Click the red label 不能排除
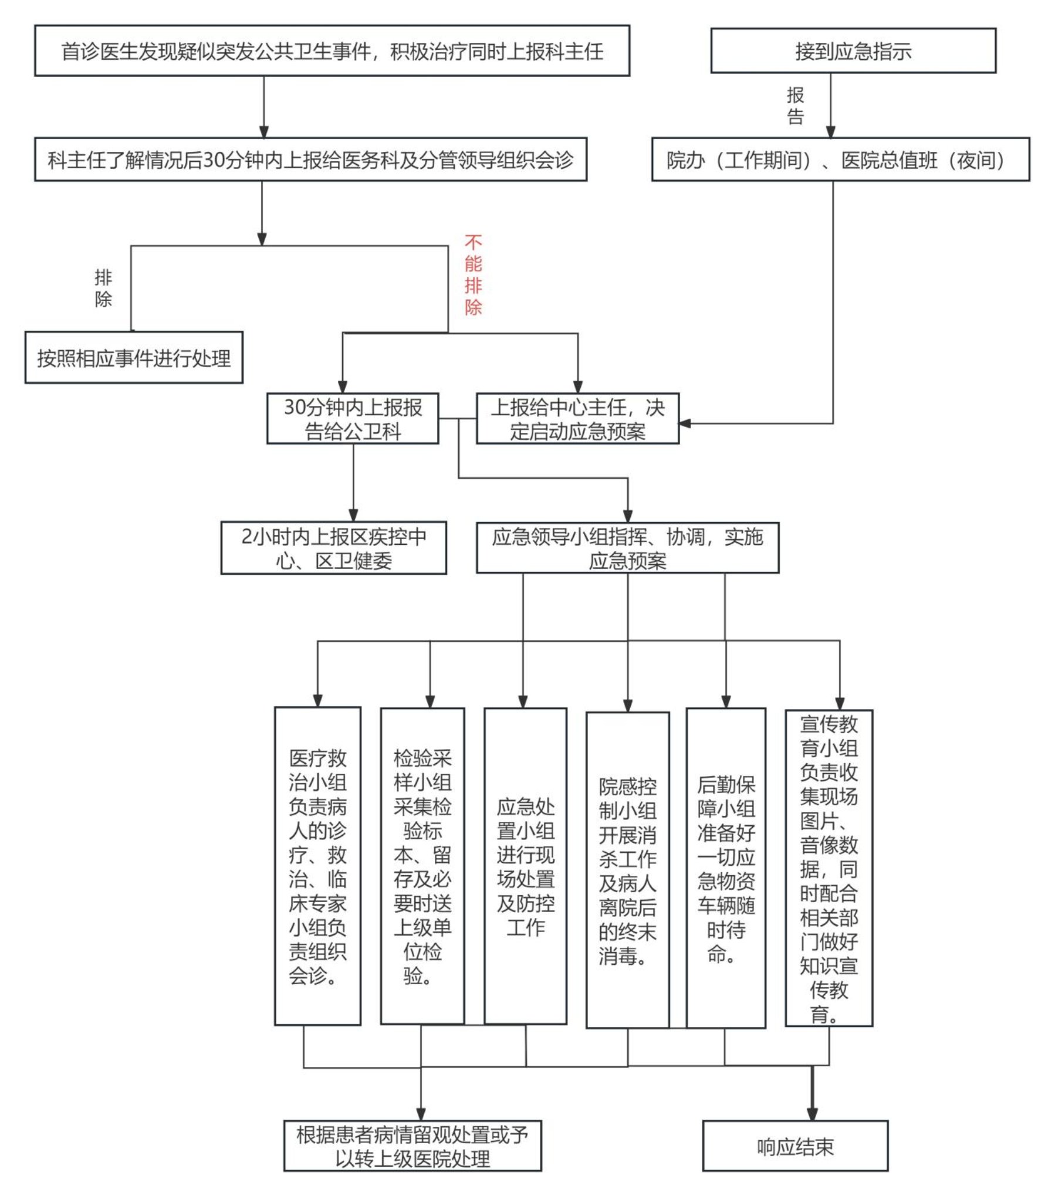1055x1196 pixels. click(x=473, y=275)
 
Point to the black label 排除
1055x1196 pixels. click(x=103, y=288)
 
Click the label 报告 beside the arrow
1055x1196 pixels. click(x=795, y=106)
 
